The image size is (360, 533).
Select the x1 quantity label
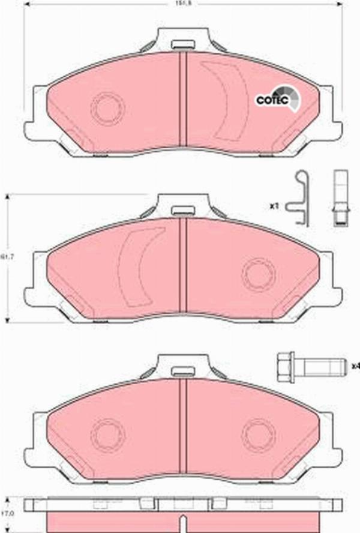(x=275, y=206)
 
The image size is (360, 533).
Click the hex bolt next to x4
(x=311, y=364)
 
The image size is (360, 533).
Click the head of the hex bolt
(x=284, y=364)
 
